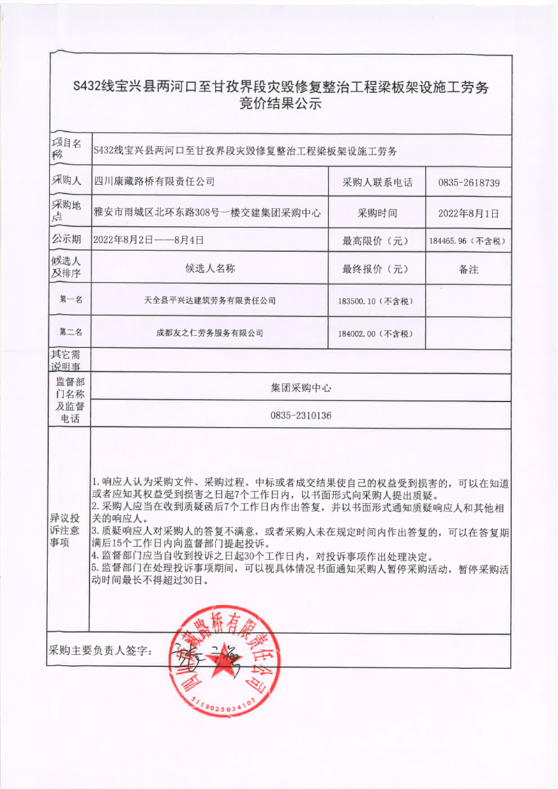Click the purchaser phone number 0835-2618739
469,183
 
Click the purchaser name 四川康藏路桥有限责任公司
154,181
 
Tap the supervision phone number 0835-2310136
301,415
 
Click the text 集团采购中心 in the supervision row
301,387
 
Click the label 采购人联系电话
377,183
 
